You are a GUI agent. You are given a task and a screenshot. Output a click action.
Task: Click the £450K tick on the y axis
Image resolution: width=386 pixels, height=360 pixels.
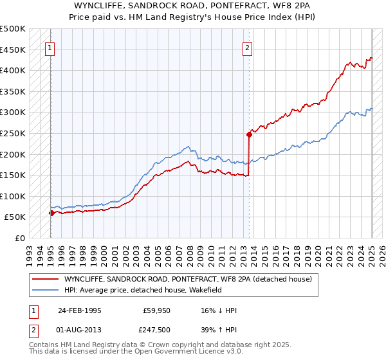[12, 50]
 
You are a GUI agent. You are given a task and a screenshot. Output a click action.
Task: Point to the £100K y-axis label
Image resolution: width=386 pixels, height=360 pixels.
[12, 196]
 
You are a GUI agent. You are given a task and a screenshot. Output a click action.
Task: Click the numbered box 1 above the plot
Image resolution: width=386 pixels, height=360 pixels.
[50, 46]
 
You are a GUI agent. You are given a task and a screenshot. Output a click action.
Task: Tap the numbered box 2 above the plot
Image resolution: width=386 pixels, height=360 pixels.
[248, 46]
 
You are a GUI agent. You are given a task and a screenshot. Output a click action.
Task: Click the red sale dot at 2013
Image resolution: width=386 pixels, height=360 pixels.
[249, 134]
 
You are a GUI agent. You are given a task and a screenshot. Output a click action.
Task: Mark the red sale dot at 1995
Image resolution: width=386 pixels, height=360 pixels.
[51, 213]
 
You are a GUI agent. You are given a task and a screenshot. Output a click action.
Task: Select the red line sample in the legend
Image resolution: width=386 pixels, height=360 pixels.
[46, 279]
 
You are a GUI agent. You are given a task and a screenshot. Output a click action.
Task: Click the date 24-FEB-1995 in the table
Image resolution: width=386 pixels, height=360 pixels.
[80, 310]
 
